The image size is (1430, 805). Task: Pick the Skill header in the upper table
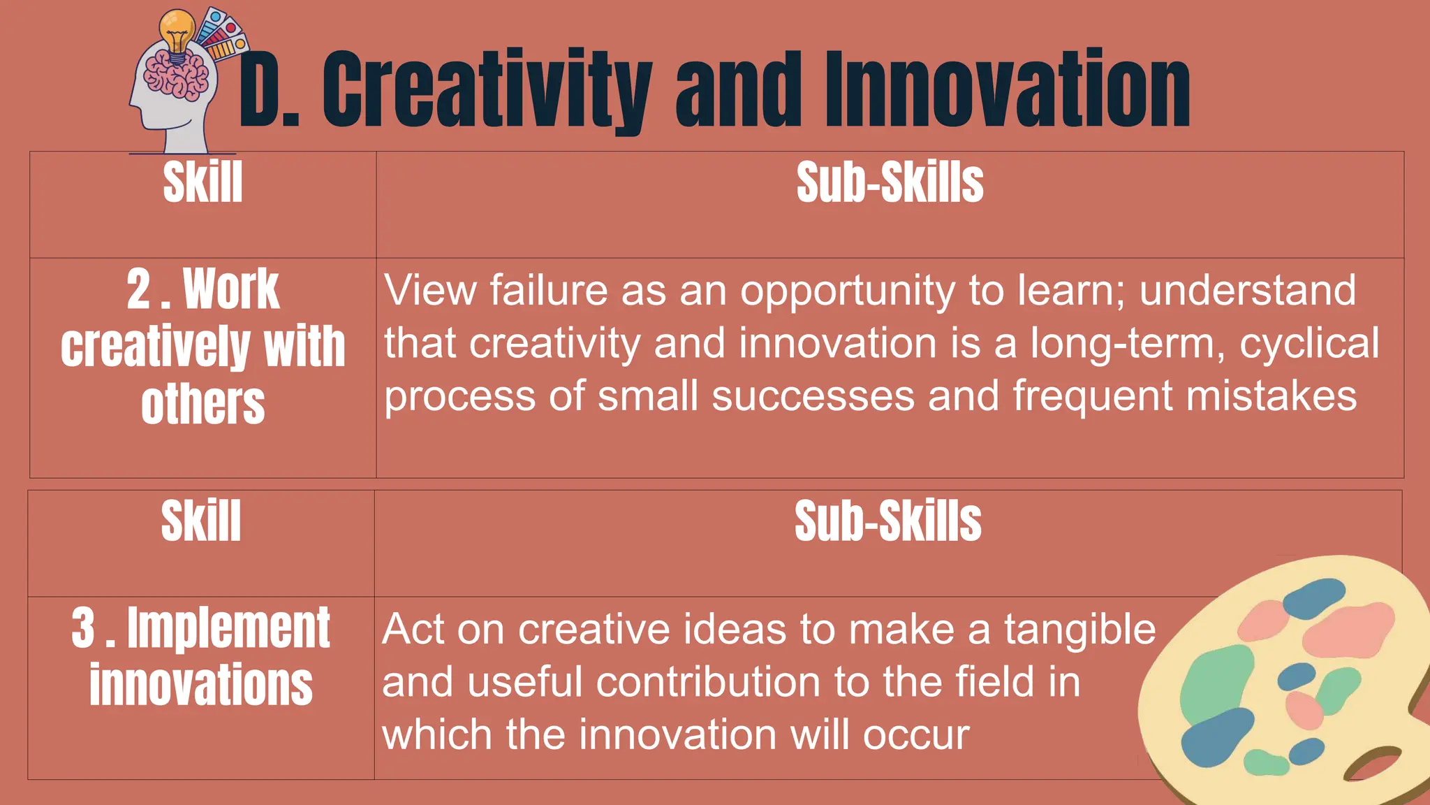[202, 183]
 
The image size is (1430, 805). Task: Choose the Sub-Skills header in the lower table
[887, 521]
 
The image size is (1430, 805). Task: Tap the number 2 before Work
[139, 290]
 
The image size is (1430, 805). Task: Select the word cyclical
[1309, 344]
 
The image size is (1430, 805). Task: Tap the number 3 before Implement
[83, 628]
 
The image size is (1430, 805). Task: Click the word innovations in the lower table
[201, 686]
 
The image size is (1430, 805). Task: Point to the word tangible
[1079, 629]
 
